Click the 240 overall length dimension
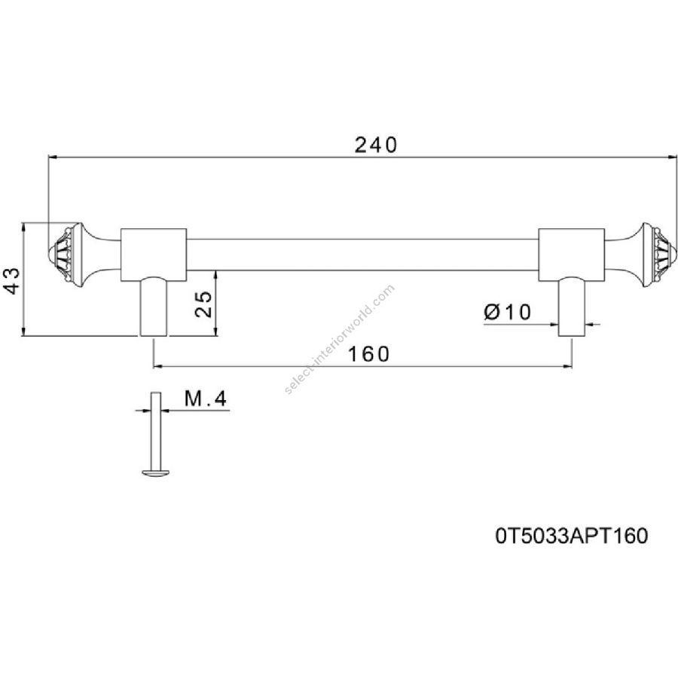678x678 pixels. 375,145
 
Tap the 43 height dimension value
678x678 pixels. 12,280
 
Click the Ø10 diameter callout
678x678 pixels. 508,311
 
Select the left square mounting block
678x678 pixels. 154,252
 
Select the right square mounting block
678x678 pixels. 570,252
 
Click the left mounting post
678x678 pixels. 154,307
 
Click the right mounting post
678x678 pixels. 570,307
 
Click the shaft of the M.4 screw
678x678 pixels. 155,429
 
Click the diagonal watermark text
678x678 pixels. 340,339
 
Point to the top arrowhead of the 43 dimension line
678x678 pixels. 24,227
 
